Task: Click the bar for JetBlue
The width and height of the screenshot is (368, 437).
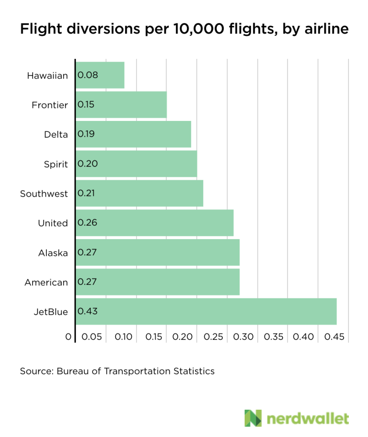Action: click(x=206, y=311)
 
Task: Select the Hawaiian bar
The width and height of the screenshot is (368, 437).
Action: click(x=100, y=75)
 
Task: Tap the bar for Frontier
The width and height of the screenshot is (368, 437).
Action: click(x=121, y=105)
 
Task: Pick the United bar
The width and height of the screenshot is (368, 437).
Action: click(x=154, y=223)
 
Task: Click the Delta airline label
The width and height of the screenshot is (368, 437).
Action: click(x=56, y=134)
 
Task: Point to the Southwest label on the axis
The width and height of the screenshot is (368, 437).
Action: click(x=44, y=194)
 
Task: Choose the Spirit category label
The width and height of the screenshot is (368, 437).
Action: click(x=56, y=164)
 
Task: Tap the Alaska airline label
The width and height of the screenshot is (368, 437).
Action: click(x=53, y=253)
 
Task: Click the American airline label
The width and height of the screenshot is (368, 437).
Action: click(x=46, y=283)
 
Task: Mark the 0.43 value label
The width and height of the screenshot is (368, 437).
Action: click(x=87, y=311)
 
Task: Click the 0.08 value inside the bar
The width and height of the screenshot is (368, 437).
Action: click(x=87, y=75)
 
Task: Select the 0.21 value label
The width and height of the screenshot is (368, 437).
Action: click(x=87, y=193)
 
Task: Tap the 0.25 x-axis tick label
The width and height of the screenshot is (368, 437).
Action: click(x=213, y=337)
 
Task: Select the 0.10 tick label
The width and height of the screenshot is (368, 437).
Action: click(x=123, y=337)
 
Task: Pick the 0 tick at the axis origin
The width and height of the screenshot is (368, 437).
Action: click(x=68, y=337)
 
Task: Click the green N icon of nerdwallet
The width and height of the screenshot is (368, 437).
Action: click(x=253, y=418)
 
